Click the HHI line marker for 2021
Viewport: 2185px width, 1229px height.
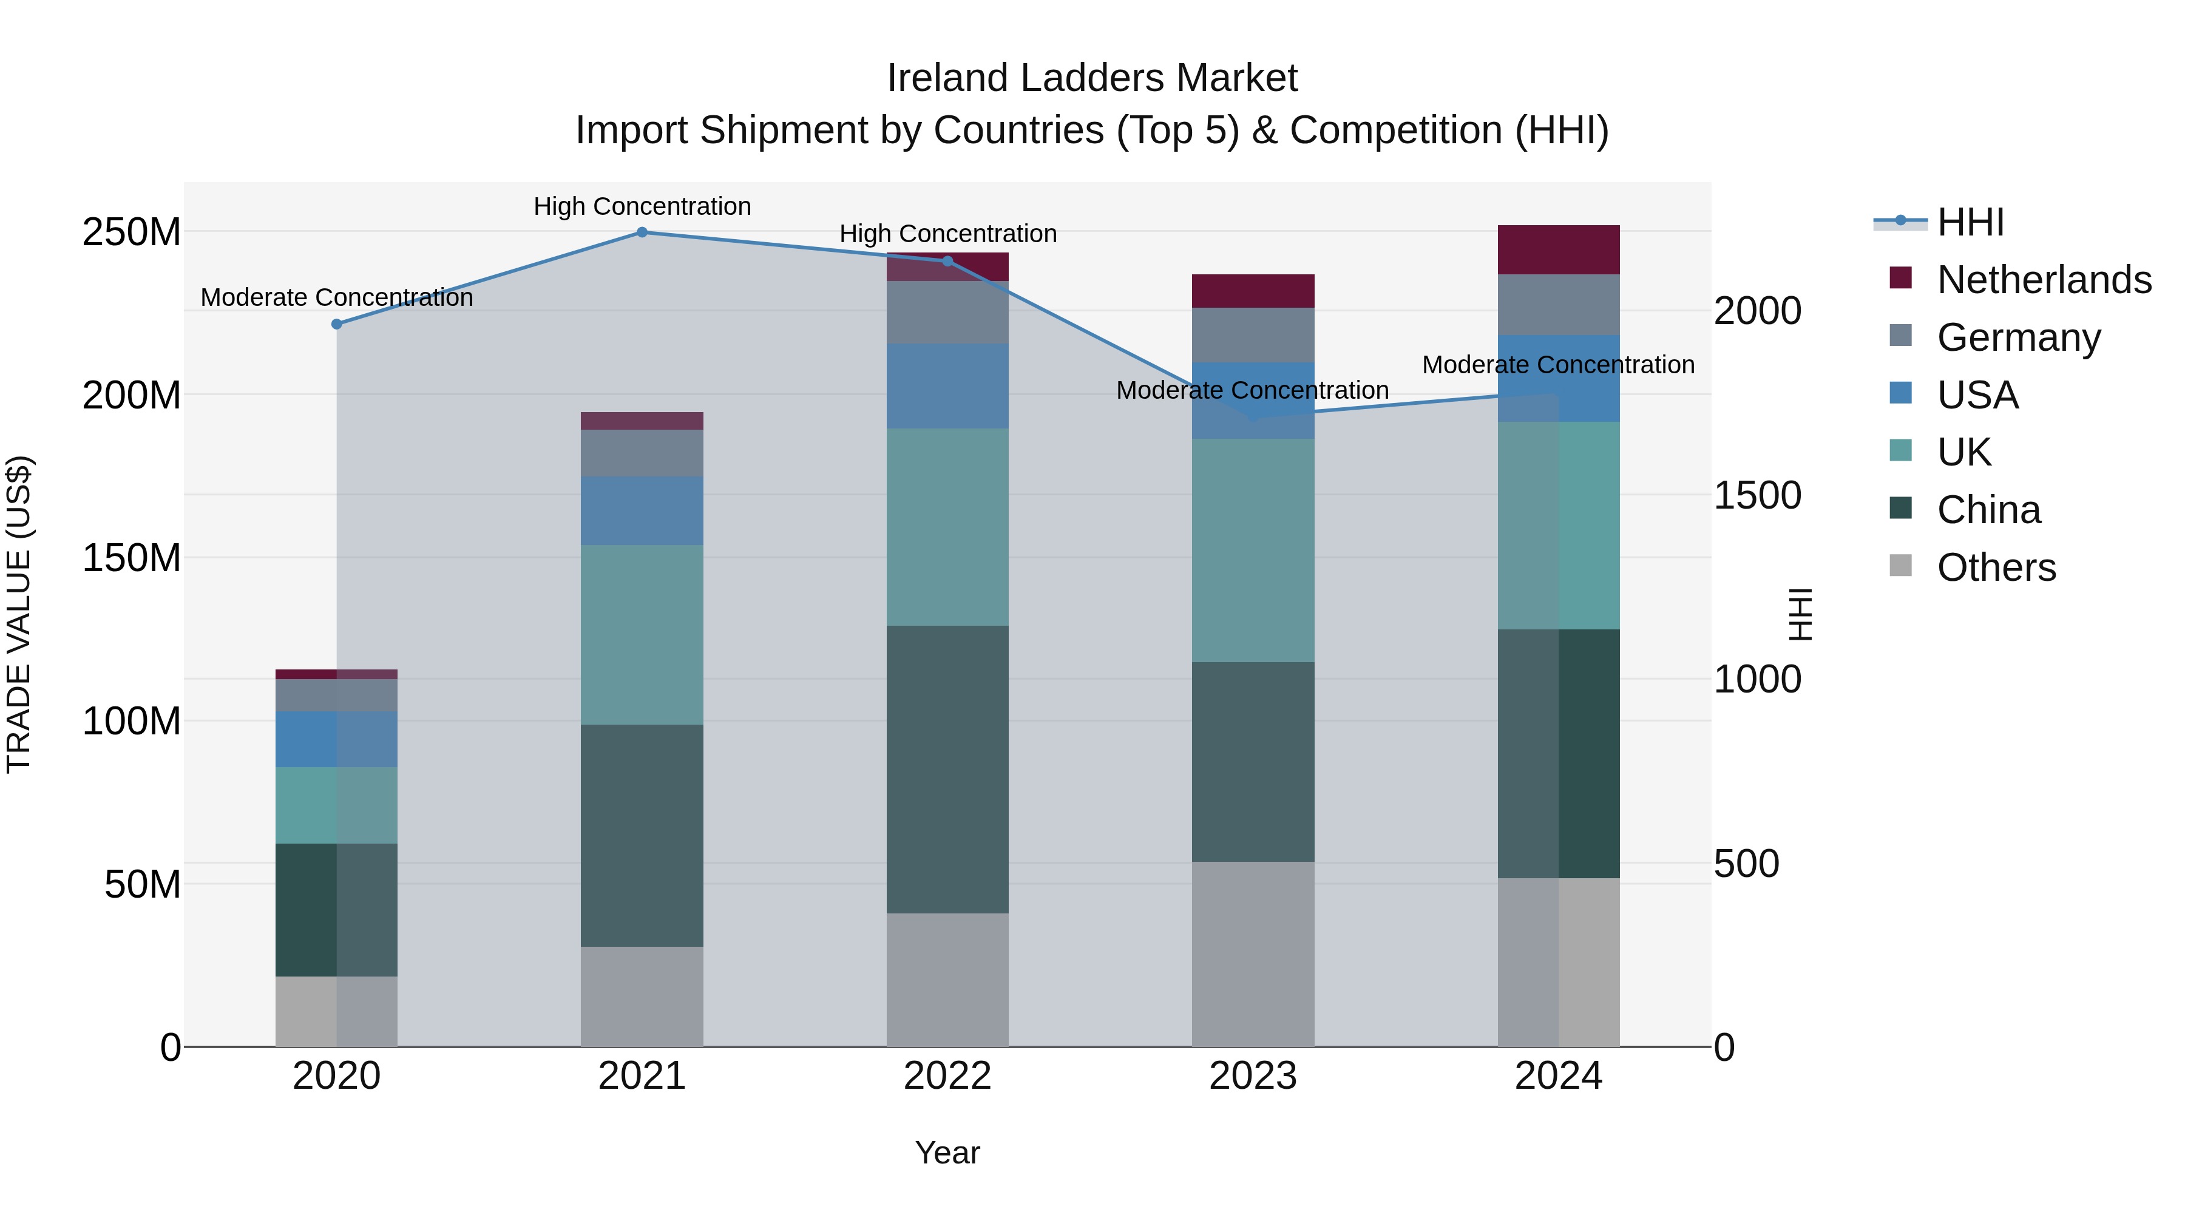[x=642, y=232]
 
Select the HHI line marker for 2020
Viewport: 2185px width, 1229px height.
[x=337, y=324]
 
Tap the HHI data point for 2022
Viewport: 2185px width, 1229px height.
[x=947, y=261]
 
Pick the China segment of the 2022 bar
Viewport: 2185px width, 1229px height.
[x=947, y=770]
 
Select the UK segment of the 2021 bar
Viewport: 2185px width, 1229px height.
[x=642, y=634]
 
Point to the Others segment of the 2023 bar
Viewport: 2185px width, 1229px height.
[x=1253, y=954]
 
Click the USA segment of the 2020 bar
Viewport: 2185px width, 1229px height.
[x=337, y=740]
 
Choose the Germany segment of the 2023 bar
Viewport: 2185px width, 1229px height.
[x=1253, y=335]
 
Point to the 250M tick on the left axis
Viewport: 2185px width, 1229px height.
[x=132, y=232]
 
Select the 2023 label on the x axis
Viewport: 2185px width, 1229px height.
[x=1253, y=1076]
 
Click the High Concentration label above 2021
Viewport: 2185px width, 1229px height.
[x=642, y=206]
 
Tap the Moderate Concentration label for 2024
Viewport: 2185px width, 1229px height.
[x=1558, y=365]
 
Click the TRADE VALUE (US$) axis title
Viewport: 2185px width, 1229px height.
[x=19, y=614]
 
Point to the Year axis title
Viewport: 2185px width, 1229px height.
[x=947, y=1153]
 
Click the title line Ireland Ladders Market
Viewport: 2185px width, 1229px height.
[x=1092, y=78]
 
